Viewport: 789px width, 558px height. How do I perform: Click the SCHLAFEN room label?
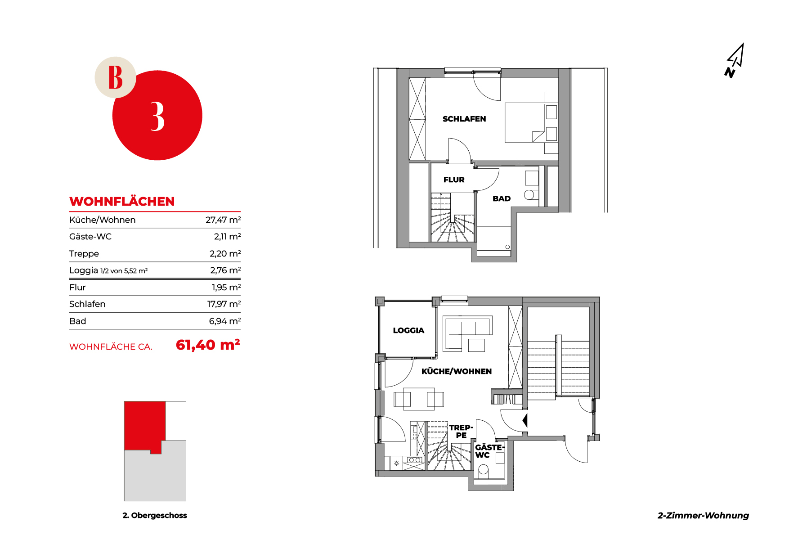(464, 119)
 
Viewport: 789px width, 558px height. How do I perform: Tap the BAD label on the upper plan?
(502, 198)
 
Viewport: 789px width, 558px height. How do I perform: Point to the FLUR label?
(454, 180)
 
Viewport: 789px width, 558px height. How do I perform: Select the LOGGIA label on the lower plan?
(408, 330)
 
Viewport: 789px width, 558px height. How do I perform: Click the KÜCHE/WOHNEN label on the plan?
(457, 371)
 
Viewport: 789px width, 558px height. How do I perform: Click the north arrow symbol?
(734, 61)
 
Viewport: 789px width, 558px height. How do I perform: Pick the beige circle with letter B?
(115, 77)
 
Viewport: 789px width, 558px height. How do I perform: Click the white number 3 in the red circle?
(157, 116)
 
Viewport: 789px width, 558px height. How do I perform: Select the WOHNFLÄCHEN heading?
(122, 201)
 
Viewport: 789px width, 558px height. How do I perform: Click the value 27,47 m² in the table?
(223, 220)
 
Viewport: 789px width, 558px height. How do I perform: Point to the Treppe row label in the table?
(84, 254)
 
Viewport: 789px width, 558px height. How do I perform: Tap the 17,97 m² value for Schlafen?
(224, 304)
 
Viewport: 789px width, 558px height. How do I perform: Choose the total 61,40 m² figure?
(208, 345)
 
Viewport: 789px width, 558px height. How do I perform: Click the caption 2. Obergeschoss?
(155, 515)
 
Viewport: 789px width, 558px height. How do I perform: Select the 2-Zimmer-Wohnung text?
(703, 515)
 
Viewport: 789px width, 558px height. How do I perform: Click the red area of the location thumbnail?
(144, 425)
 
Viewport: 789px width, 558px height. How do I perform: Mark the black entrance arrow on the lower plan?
(525, 420)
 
